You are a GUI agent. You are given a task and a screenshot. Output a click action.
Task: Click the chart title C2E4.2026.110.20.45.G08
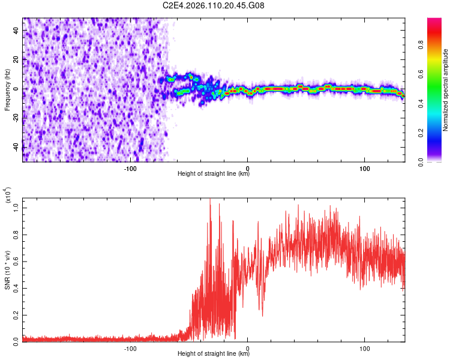(214, 5)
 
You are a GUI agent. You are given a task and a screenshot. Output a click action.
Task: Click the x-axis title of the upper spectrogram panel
(214, 174)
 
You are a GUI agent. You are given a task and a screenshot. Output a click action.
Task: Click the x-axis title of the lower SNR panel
(214, 353)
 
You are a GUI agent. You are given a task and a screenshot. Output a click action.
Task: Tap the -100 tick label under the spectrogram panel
(130, 169)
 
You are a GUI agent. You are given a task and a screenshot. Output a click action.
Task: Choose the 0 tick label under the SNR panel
(248, 348)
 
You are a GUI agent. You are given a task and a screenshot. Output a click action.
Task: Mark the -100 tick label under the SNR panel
(130, 348)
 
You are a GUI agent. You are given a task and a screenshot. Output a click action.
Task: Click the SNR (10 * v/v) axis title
(7, 270)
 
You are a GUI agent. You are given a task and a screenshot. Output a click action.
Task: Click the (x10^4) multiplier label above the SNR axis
(8, 195)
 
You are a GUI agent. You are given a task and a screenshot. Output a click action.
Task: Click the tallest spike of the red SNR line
(210, 199)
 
